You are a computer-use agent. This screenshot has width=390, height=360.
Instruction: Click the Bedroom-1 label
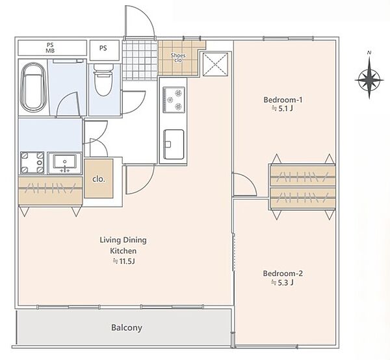coord(283,100)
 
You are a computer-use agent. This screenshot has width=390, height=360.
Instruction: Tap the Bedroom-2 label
coord(283,274)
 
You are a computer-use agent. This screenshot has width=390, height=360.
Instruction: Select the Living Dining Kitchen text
coord(123,246)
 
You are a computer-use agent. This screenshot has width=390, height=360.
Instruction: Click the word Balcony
coord(127,328)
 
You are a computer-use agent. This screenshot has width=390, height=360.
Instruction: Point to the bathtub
coord(33,87)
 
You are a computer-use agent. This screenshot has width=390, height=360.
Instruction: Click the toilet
coord(103,80)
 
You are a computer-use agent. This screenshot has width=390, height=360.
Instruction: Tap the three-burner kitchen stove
coord(174,99)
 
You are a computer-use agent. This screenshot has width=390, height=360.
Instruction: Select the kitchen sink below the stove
coord(174,144)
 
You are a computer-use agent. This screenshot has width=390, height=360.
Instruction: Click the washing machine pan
coord(32,162)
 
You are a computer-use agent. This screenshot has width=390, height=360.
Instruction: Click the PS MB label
coord(50,47)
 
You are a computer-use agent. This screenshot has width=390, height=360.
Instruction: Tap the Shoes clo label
coord(178,58)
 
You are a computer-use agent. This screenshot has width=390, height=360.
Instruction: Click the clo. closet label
coord(99,179)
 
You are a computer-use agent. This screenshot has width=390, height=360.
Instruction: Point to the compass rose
coord(369,80)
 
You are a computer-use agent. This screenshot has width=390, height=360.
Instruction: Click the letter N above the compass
coord(369,53)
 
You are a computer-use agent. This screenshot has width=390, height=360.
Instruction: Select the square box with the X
coord(216,64)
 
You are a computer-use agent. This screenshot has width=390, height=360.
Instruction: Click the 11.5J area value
coord(124,261)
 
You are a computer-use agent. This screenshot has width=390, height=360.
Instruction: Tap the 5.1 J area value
coord(283,109)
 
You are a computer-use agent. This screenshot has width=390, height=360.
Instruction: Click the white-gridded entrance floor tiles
coord(140,60)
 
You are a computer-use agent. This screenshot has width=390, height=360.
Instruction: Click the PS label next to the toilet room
coord(103,48)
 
